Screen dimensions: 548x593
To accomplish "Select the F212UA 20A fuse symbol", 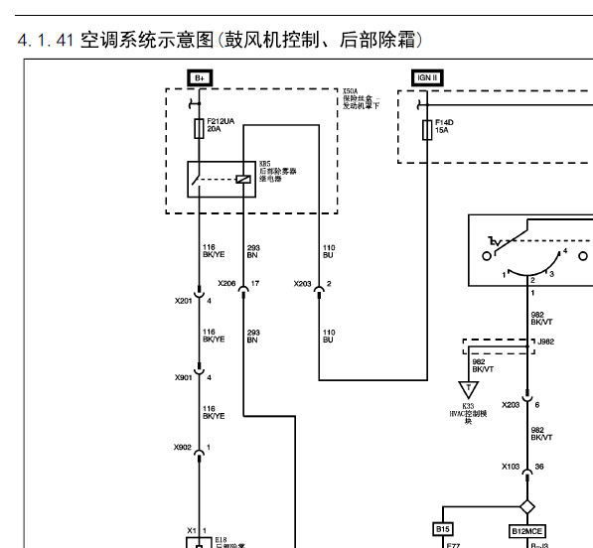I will pos(199,127).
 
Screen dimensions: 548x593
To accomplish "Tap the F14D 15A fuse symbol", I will pos(427,127).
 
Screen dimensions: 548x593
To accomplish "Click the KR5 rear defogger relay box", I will pos(221,179).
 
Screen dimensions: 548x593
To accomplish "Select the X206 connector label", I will pos(226,284).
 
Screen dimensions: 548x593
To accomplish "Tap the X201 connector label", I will pos(184,301).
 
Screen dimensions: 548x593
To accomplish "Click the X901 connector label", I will pos(184,377).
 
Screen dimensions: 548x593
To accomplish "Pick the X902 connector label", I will pos(184,448).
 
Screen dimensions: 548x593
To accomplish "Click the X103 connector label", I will pos(510,466).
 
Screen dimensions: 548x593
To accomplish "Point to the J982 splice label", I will pos(545,342).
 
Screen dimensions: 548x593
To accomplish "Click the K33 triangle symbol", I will pos(467,389).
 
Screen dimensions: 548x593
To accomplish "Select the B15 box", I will pos(443,530).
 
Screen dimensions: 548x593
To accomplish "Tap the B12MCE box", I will pos(527,531).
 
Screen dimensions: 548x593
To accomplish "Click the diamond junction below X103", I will pos(527,506).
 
